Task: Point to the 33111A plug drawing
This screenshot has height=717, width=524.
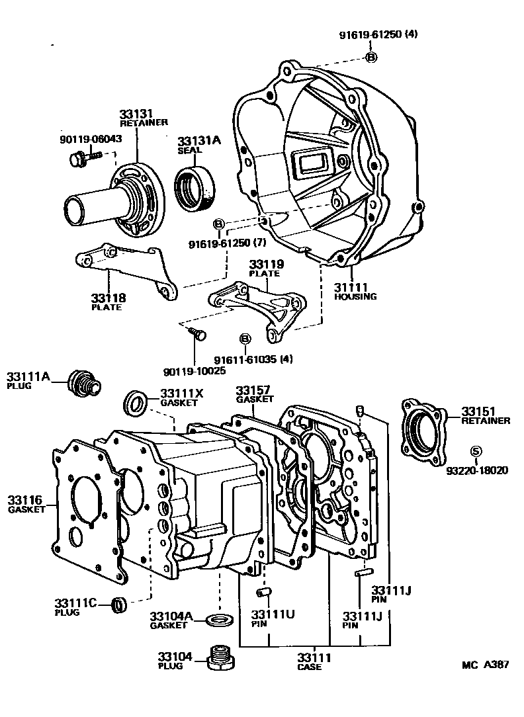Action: coord(84,382)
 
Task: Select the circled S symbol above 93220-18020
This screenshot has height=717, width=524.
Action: coord(475,452)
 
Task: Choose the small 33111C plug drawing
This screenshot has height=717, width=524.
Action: coord(119,605)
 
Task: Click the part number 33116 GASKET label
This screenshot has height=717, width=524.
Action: coord(26,504)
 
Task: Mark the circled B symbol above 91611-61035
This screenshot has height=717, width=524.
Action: coord(244,339)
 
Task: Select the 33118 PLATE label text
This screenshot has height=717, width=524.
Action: coord(107,302)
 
